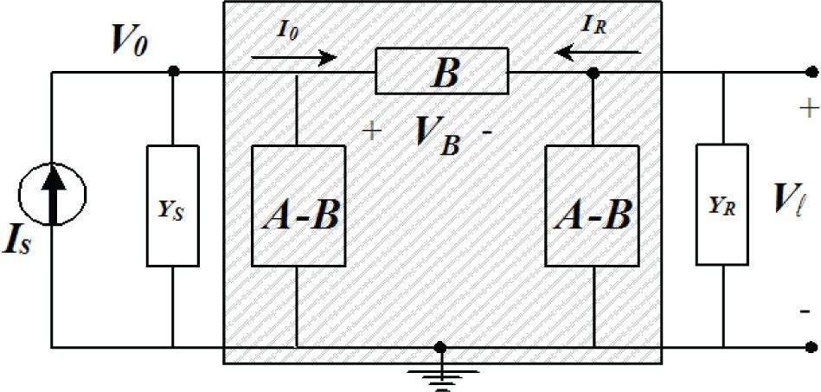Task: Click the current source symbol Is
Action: pyautogui.click(x=54, y=186)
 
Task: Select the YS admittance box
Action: pyautogui.click(x=173, y=206)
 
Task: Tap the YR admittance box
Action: pyautogui.click(x=722, y=206)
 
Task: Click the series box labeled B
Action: pyautogui.click(x=442, y=74)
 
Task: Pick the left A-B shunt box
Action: pyautogui.click(x=298, y=205)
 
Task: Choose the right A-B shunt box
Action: pyautogui.click(x=593, y=205)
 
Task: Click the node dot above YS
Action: pyautogui.click(x=173, y=74)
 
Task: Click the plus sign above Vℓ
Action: pyautogui.click(x=807, y=109)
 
